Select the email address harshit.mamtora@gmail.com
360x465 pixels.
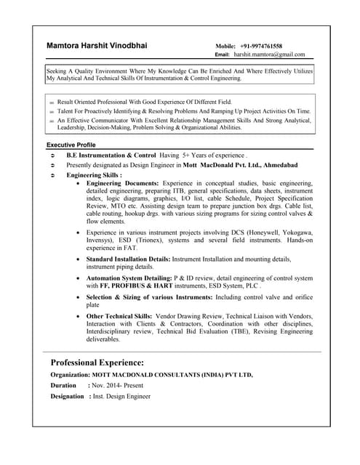pyautogui.click(x=269, y=54)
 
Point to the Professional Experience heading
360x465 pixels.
pyautogui.click(x=97, y=362)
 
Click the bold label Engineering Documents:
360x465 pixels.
pyautogui.click(x=123, y=185)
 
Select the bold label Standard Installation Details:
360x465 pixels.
pyautogui.click(x=129, y=259)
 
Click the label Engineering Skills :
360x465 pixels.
pyautogui.click(x=94, y=175)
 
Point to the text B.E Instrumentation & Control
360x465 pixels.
pyautogui.click(x=111, y=155)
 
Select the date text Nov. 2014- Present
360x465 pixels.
pyautogui.click(x=117, y=386)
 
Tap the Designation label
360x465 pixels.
pyautogui.click(x=67, y=397)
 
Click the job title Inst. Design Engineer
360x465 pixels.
pyautogui.click(x=121, y=397)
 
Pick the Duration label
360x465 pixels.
pyautogui.click(x=64, y=386)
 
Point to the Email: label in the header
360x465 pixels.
pyautogui.click(x=223, y=54)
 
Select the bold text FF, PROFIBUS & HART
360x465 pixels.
pyautogui.click(x=136, y=286)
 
